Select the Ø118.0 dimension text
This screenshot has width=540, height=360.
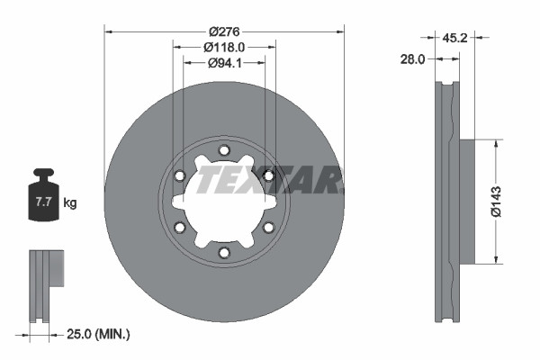(x=224, y=46)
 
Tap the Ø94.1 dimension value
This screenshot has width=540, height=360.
(x=224, y=63)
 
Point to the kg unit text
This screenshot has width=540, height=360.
(x=70, y=203)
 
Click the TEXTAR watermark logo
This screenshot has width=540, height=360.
(x=270, y=179)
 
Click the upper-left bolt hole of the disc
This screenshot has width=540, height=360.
(x=181, y=175)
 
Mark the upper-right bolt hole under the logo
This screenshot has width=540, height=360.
(x=267, y=175)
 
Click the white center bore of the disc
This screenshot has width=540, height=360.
(x=224, y=202)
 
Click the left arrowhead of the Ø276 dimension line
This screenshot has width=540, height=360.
(x=109, y=29)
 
